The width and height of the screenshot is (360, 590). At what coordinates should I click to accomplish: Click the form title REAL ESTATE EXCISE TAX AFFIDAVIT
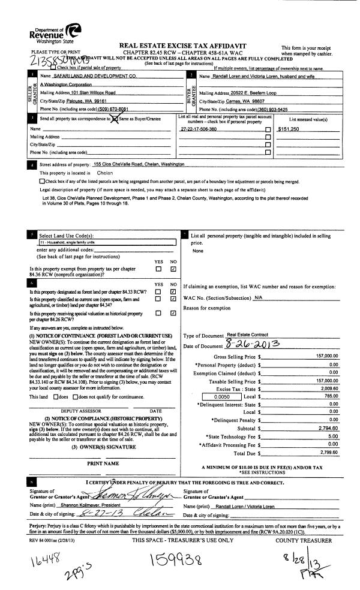[x=183, y=46]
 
